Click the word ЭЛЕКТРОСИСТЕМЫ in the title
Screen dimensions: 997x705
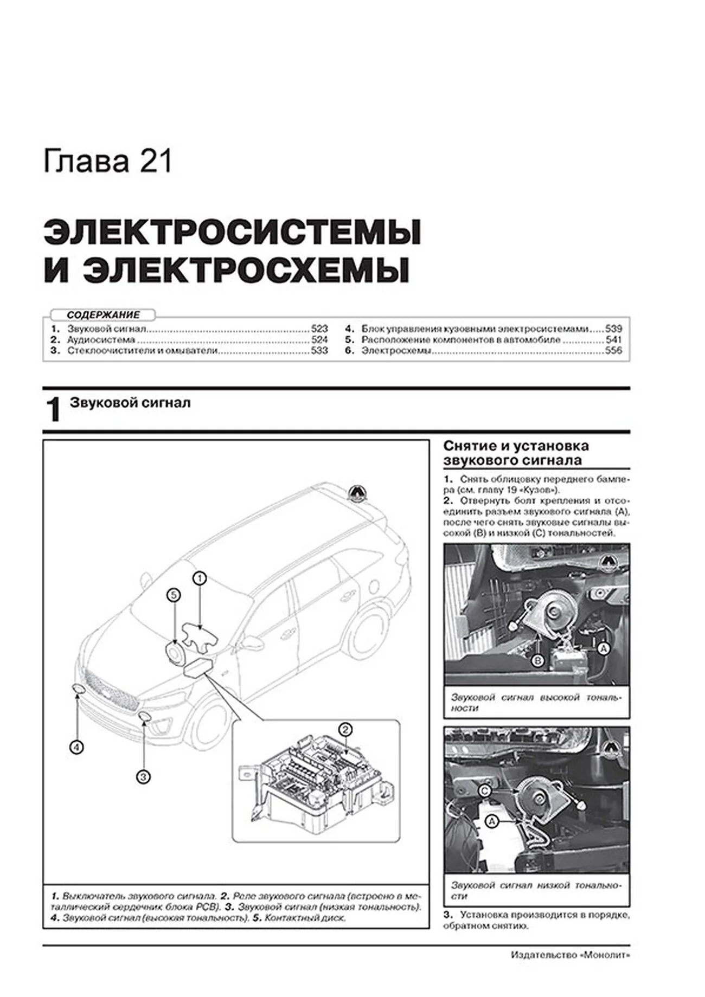232,233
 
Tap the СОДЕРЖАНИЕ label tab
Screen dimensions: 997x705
103,314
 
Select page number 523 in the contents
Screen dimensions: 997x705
319,329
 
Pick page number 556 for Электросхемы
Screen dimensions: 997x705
613,351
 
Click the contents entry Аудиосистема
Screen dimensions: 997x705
101,340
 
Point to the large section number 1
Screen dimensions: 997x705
54,410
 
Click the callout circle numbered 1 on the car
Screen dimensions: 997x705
200,578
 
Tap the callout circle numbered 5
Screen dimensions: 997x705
173,595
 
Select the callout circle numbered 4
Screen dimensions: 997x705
76,748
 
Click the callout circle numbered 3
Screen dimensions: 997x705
143,777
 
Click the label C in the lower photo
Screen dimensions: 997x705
485,791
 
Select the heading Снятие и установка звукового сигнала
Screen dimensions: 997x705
515,453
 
